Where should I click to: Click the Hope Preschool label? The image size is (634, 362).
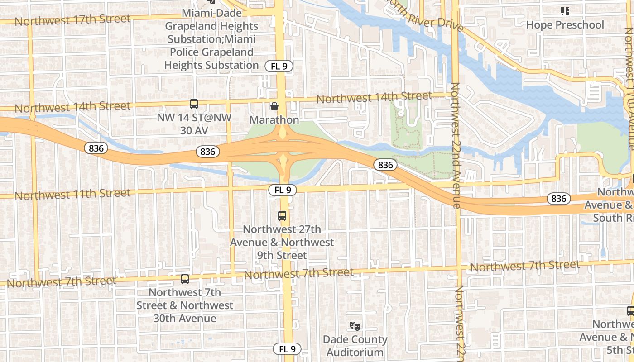tap(565, 25)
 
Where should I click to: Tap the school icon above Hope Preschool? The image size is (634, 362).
tap(565, 11)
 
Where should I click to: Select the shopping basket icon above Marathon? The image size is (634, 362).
tap(274, 107)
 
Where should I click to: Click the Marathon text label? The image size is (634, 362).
tap(274, 120)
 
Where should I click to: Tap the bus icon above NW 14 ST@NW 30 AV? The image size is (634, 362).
tap(194, 104)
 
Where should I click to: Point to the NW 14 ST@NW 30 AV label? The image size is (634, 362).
tap(194, 124)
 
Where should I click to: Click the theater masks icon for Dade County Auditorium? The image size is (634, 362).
tap(355, 326)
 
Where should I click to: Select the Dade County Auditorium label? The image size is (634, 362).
tap(355, 346)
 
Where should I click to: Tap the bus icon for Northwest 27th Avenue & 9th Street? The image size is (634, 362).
tap(282, 216)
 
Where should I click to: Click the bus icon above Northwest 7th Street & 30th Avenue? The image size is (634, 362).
tap(185, 279)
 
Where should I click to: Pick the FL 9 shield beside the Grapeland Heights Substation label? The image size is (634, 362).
tap(279, 66)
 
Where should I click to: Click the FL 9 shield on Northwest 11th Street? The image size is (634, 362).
tap(283, 191)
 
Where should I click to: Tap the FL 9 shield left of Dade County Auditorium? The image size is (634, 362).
tap(287, 349)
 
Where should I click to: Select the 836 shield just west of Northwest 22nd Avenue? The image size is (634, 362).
tap(385, 165)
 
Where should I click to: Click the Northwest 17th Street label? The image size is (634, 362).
tap(72, 20)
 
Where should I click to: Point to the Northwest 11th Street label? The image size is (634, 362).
tap(72, 195)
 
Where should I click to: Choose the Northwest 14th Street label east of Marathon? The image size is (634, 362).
tap(374, 97)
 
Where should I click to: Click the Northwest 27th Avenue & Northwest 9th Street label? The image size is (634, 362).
tap(282, 242)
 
